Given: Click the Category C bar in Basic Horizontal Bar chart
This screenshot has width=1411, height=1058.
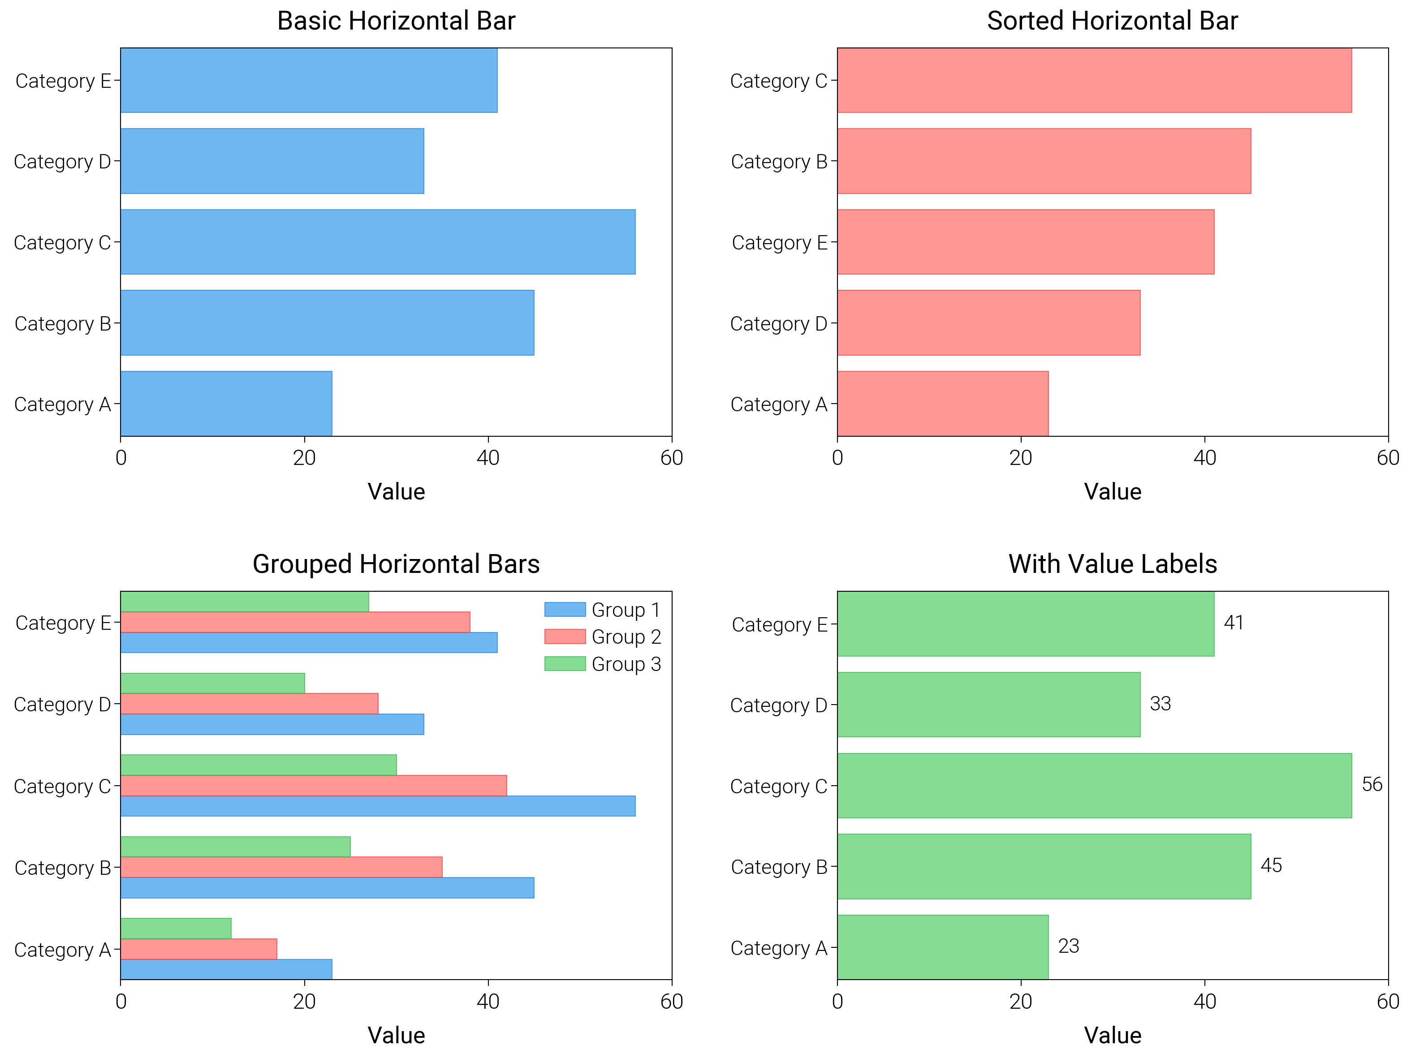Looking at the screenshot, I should click(378, 242).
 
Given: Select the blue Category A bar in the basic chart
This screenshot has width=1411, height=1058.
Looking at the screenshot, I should click(226, 404).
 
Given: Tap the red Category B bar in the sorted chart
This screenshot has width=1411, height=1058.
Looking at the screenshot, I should click(1044, 161).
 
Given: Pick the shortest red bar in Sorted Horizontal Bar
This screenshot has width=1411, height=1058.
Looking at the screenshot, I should click(942, 404).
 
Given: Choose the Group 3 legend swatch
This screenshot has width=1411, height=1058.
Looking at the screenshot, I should click(565, 663).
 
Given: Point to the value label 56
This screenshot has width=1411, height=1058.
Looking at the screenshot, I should click(1372, 784).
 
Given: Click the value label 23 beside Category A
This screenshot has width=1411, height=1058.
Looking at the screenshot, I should click(1069, 946).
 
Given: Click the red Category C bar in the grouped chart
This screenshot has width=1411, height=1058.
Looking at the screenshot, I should click(313, 785).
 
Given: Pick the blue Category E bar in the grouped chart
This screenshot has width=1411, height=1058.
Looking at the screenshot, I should click(309, 642).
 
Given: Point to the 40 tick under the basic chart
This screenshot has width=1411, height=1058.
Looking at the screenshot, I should click(488, 458).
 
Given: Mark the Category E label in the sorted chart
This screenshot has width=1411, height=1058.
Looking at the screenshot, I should click(779, 242).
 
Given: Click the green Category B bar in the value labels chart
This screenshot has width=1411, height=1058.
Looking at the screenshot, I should click(1044, 866).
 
